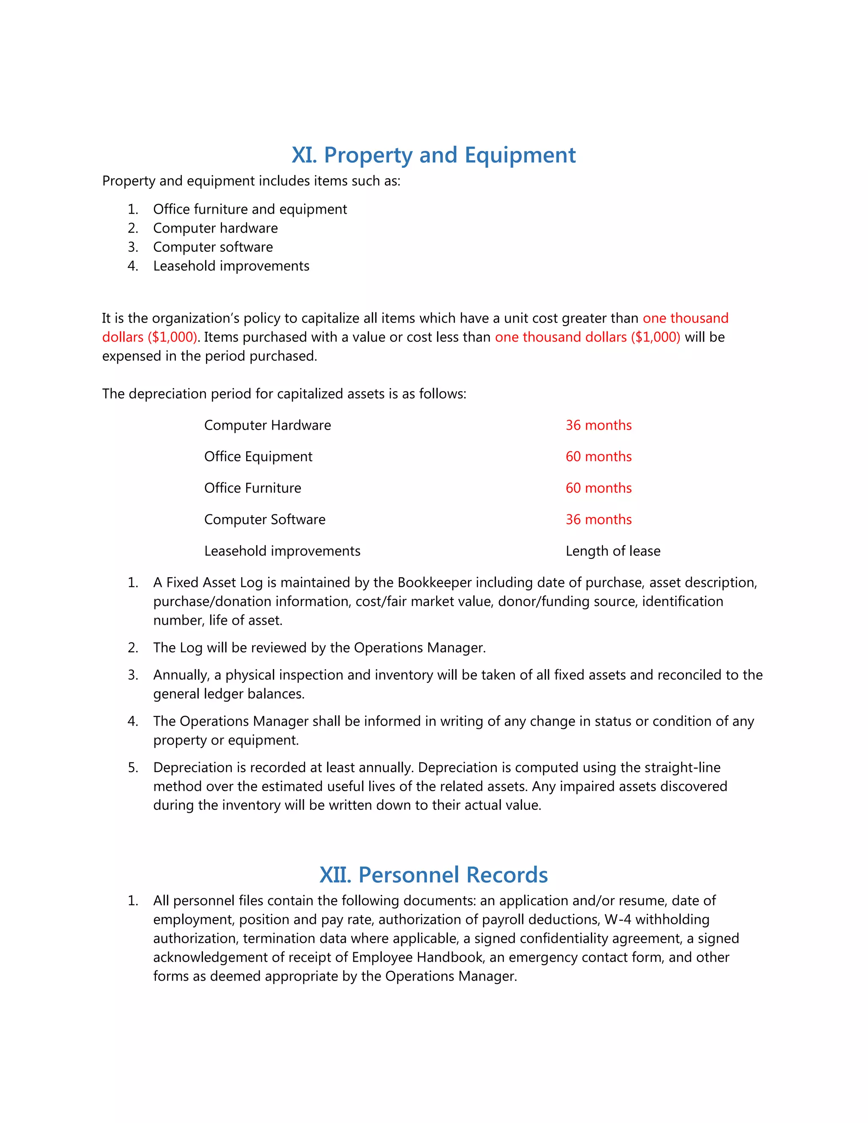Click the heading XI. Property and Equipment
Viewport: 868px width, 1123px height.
point(434,155)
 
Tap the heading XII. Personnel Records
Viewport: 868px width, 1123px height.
point(434,875)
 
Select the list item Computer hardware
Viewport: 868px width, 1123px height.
point(215,228)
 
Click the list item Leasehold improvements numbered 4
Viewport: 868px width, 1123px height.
point(231,266)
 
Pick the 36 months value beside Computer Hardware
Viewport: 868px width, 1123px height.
point(598,425)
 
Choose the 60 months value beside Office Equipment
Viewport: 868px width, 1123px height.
point(598,456)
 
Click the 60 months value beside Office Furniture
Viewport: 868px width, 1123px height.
point(598,488)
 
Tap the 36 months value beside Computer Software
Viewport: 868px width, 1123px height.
point(598,520)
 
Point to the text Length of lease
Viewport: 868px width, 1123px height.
point(613,551)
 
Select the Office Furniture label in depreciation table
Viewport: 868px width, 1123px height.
point(253,488)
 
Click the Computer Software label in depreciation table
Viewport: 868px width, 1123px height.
point(265,520)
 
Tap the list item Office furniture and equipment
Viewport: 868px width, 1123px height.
point(250,209)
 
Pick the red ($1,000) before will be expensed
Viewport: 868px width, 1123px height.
point(655,337)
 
